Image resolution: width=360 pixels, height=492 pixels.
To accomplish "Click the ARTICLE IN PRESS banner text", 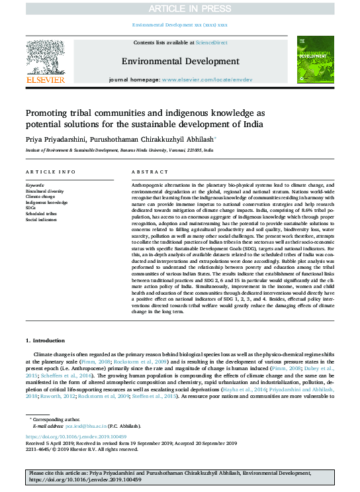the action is click(179, 8).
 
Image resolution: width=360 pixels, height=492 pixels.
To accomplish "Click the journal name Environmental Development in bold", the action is click(179, 62).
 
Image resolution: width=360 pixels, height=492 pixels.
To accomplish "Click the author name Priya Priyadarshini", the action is click(56, 140).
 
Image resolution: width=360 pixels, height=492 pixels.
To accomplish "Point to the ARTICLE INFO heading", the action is click(49, 172).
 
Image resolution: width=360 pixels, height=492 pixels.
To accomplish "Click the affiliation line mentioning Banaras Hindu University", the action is click(119, 151).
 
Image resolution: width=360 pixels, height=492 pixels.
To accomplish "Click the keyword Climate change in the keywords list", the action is click(40, 197).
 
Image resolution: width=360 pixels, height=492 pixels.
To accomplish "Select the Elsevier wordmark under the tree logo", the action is click(46, 79).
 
